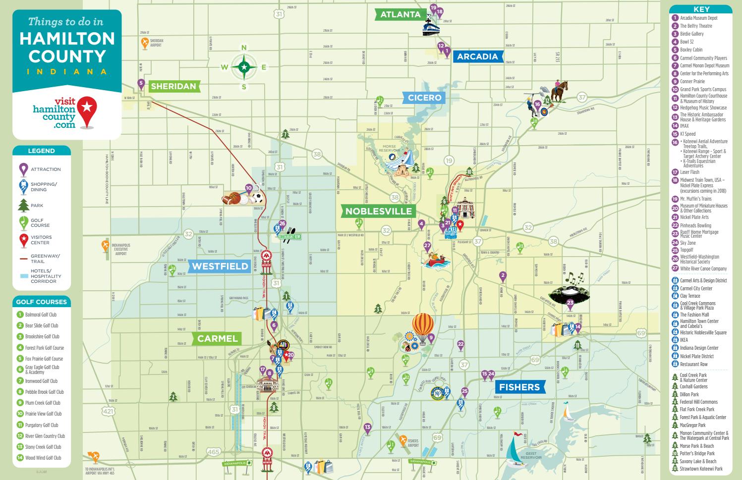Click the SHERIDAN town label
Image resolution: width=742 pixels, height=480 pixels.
173,86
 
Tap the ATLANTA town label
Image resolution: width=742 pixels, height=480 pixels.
400,14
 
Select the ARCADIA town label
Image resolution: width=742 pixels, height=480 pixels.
477,56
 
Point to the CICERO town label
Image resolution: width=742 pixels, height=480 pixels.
425,98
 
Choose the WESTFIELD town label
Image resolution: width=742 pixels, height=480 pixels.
220,267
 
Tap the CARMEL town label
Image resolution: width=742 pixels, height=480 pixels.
218,339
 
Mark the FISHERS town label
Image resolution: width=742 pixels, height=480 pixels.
519,387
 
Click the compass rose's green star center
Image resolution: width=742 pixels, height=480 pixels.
244,67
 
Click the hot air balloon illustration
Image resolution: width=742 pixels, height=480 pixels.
423,326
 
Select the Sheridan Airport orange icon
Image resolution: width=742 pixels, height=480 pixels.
144,43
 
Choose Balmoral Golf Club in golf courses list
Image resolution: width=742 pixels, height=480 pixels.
41,315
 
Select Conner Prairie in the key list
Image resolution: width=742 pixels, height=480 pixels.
692,82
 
